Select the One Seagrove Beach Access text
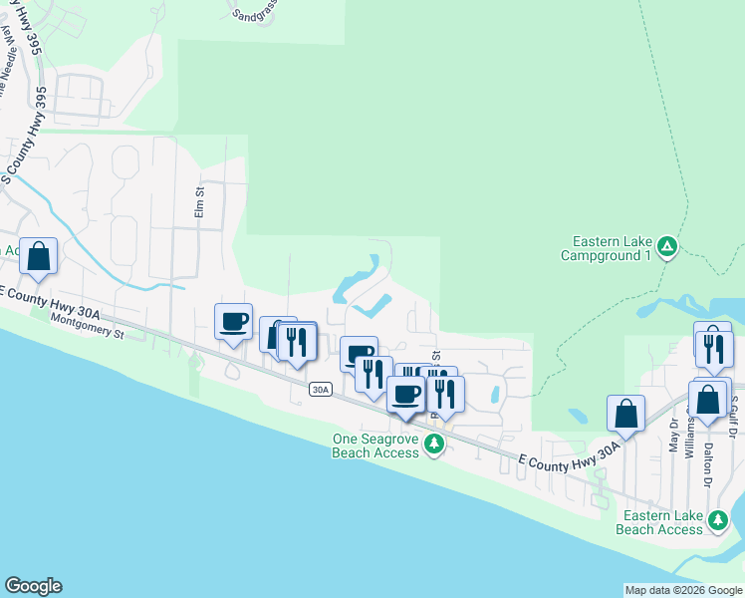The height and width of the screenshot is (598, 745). click(375, 446)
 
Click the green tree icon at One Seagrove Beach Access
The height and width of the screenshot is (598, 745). click(433, 445)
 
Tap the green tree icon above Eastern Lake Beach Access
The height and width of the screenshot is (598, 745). click(717, 519)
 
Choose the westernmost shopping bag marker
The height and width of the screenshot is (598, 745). click(38, 256)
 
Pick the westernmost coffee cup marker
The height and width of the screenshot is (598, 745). click(234, 322)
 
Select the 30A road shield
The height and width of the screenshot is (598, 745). click(319, 389)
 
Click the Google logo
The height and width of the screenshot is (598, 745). click(33, 586)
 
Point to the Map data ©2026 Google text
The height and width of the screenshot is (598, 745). click(683, 590)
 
